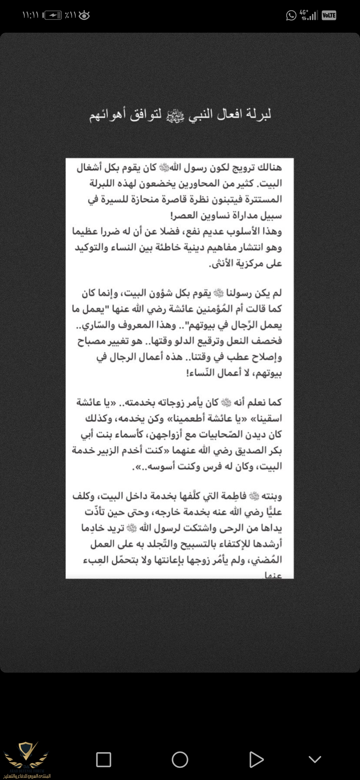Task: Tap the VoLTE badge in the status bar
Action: pos(329,15)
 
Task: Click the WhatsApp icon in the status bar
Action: pos(291,15)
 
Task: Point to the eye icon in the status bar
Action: pos(84,15)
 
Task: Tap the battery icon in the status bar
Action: pos(53,15)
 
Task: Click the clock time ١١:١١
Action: pos(30,15)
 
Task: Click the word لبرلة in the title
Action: pos(259,114)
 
